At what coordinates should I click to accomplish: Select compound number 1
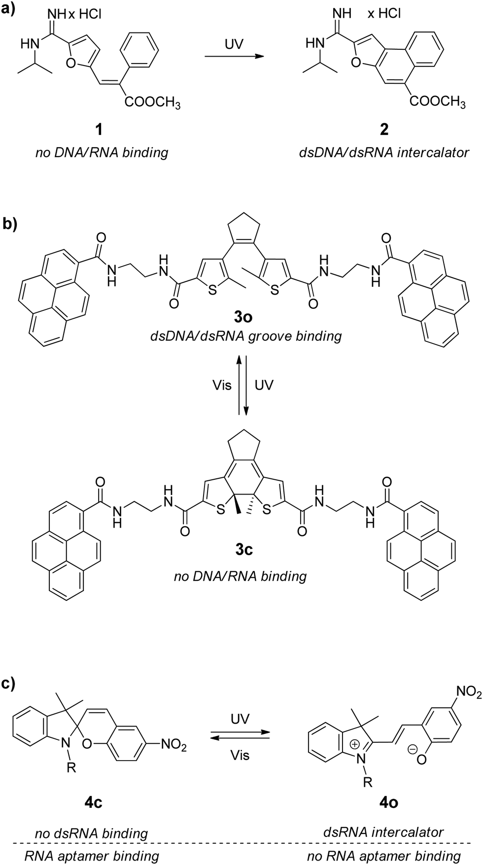pos(100,129)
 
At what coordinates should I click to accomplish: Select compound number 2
pos(384,129)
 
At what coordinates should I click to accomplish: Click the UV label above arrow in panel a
pos(234,44)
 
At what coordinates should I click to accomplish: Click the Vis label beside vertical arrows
pos(221,385)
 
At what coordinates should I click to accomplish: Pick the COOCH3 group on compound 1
pos(152,103)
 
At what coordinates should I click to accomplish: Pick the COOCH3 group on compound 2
pos(437,102)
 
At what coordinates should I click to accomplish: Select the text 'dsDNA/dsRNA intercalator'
pos(383,153)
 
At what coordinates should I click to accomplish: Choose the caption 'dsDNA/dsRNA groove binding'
pos(245,336)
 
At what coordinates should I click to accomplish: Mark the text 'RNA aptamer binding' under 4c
pos(92,856)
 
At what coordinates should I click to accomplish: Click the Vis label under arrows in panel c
pos(240,755)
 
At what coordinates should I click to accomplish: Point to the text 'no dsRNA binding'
pos(91,833)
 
